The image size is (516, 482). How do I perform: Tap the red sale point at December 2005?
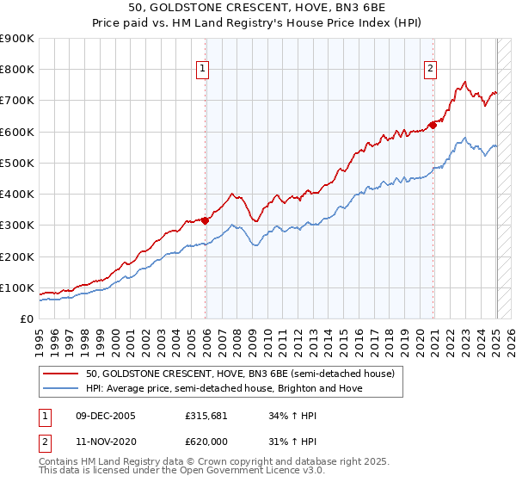tap(206, 219)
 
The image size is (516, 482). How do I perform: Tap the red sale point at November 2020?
tap(433, 125)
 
